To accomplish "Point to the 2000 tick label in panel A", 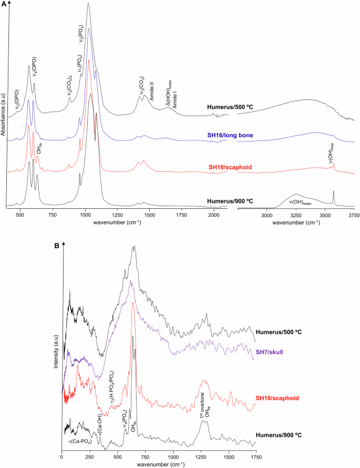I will coord(213,216).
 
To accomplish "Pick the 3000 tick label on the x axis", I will coord(267,216).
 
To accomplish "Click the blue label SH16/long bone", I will coord(231,136).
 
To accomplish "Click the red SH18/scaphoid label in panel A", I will coord(231,167).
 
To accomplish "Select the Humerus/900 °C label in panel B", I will coord(281,436).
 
